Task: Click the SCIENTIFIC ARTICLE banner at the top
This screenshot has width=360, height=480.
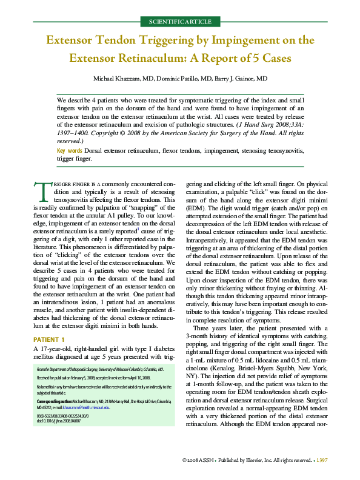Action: [x=179, y=22]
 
